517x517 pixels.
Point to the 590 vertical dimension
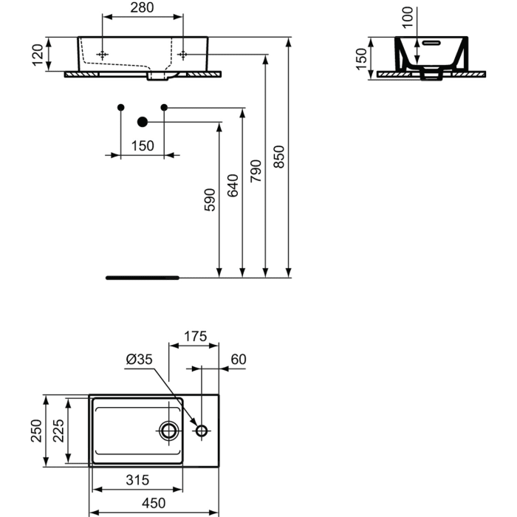click(x=210, y=201)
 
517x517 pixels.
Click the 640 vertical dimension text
click(x=233, y=185)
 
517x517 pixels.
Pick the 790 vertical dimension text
click(x=256, y=171)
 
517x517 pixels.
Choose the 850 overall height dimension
click(x=279, y=157)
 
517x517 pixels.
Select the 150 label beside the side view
click(x=361, y=59)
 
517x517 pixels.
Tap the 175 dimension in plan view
click(x=194, y=337)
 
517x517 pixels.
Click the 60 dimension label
click(x=238, y=360)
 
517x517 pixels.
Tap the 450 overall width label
click(x=153, y=503)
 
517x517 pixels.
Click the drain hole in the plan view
click(x=169, y=431)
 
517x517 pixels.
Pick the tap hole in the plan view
click(x=201, y=431)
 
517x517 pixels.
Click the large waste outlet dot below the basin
click(x=143, y=122)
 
